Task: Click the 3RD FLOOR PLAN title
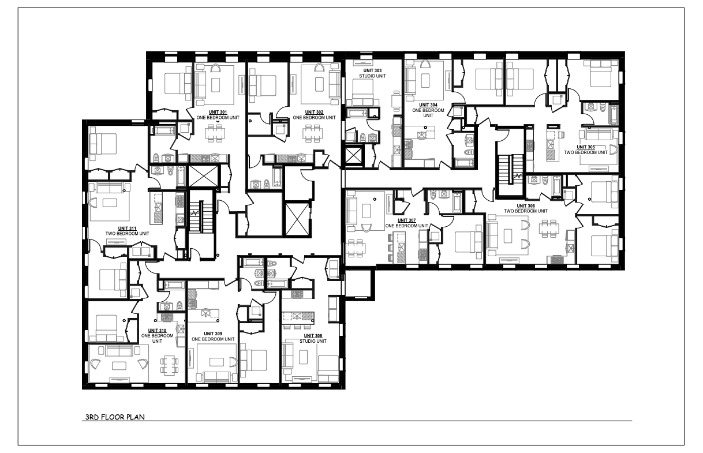(115, 417)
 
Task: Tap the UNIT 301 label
(218, 112)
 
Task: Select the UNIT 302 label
(314, 112)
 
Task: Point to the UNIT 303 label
(372, 70)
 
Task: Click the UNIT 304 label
(428, 105)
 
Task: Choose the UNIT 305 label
(586, 147)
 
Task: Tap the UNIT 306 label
(526, 206)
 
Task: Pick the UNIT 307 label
(407, 220)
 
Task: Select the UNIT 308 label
(313, 336)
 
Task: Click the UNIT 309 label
(213, 334)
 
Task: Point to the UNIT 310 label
(157, 330)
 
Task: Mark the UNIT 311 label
(127, 229)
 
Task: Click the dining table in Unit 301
(215, 133)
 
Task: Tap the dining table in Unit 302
(313, 133)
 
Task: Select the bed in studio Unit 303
(363, 92)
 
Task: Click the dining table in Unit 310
(169, 365)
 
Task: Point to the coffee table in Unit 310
(119, 365)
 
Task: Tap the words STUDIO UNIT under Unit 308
(313, 341)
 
